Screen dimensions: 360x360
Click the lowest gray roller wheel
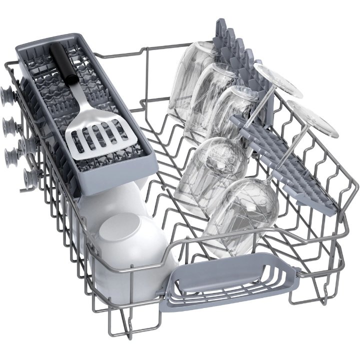click(x=28, y=176)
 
